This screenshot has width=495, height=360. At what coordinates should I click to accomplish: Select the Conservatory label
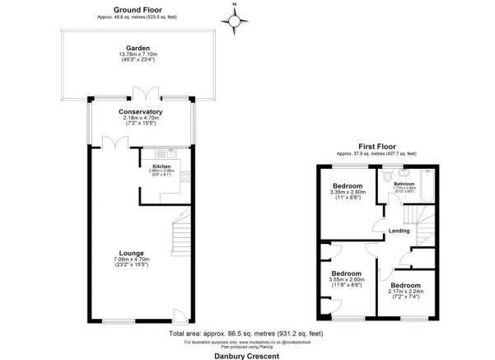pos(140,111)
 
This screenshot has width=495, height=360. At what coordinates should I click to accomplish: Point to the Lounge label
pos(131,253)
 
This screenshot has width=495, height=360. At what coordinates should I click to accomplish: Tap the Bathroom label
pos(404,184)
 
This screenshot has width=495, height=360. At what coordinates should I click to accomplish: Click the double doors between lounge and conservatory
pos(121,142)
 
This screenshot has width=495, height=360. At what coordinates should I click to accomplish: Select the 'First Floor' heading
pos(376,145)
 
